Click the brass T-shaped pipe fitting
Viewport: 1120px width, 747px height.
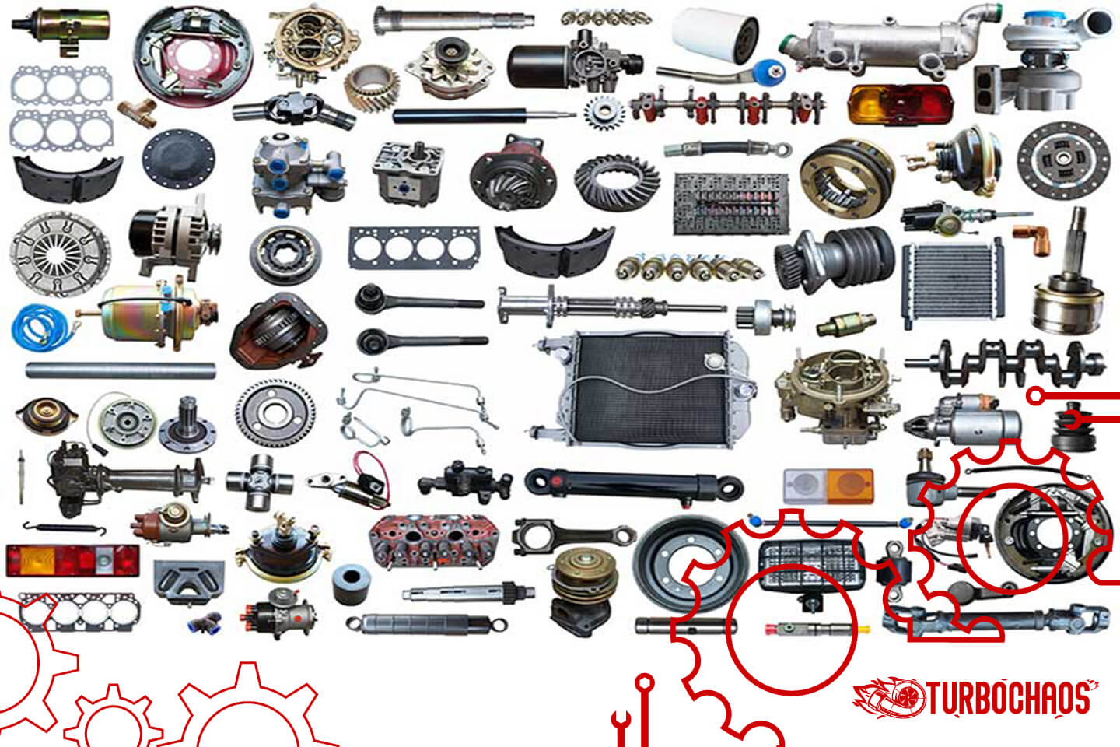[138, 111]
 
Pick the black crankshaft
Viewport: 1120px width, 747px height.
[1003, 362]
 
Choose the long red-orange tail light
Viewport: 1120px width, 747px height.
[72, 560]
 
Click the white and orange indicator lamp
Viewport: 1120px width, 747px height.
[828, 486]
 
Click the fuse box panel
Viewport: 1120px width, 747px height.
[730, 203]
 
